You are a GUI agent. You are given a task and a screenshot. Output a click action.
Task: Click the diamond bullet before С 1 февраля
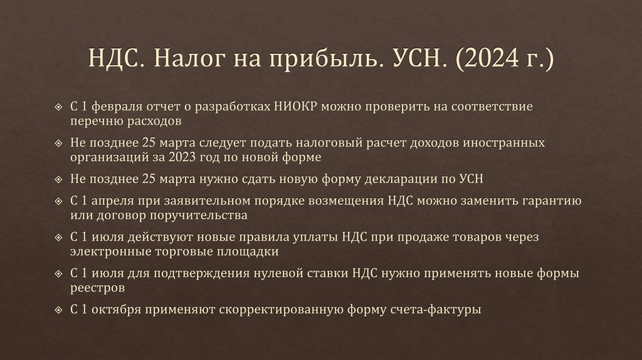coord(59,107)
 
